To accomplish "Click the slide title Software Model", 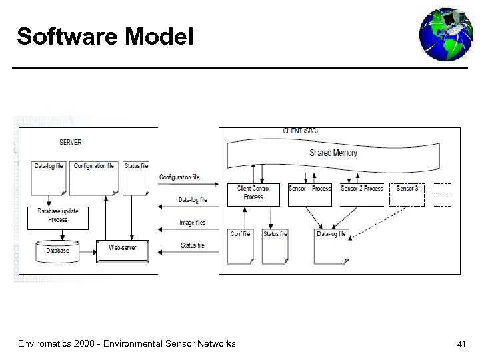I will pyautogui.click(x=105, y=37).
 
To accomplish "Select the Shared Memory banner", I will pyautogui.click(x=333, y=153).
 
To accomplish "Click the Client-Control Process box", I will pyautogui.click(x=253, y=193).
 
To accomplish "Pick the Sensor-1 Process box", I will pyautogui.click(x=309, y=189).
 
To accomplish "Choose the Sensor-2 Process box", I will pyautogui.click(x=362, y=189).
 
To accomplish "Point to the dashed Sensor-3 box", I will pyautogui.click(x=407, y=189).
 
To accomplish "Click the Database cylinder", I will pyautogui.click(x=57, y=251).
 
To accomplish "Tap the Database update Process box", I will pyautogui.click(x=58, y=215).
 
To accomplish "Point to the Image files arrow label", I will pyautogui.click(x=192, y=223).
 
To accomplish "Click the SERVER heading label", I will pyautogui.click(x=71, y=142).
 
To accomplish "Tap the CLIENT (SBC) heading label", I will pyautogui.click(x=301, y=131).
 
